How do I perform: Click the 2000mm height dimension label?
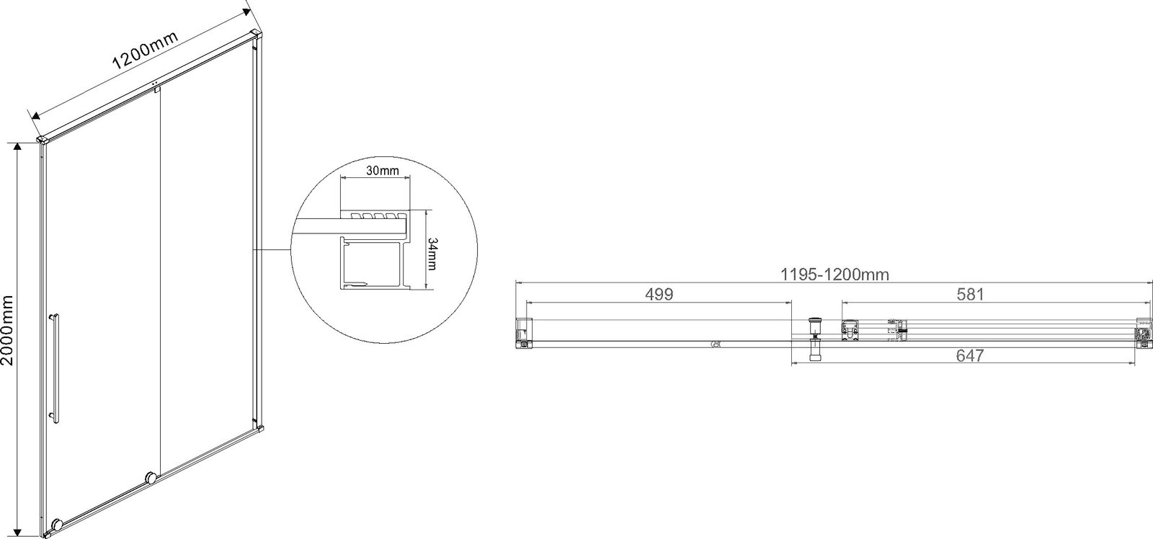pyautogui.click(x=7, y=324)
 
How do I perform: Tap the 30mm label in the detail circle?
pyautogui.click(x=382, y=170)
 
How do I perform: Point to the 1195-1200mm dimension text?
pyautogui.click(x=834, y=275)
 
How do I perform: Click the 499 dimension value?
pyautogui.click(x=659, y=295)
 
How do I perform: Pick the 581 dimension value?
pyautogui.click(x=970, y=295)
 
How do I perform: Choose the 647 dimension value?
pyautogui.click(x=970, y=355)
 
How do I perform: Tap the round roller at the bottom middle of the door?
pyautogui.click(x=151, y=477)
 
